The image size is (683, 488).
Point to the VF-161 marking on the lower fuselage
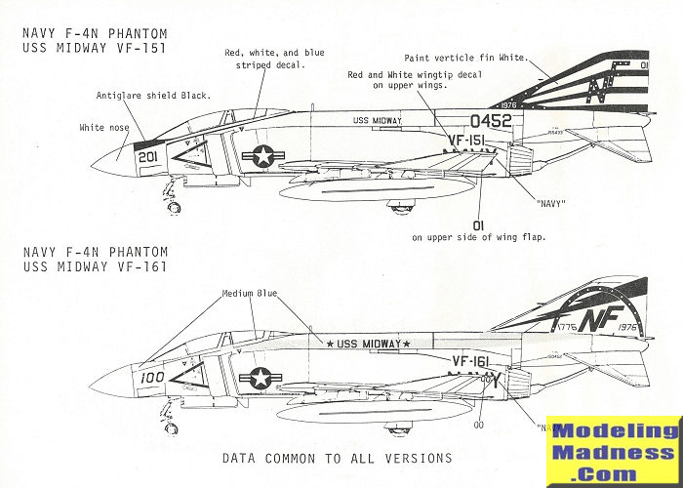[475, 361]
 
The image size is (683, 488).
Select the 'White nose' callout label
[105, 128]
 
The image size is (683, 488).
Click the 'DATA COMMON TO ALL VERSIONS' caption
[338, 458]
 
